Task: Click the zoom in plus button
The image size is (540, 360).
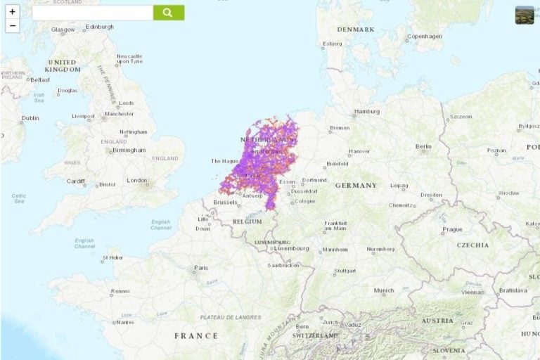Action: [x=12, y=12]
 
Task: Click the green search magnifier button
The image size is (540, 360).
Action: [x=168, y=13]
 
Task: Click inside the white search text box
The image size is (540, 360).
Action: [x=92, y=13]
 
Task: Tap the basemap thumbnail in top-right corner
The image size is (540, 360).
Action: [x=525, y=15]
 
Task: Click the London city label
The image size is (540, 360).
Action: [x=136, y=180]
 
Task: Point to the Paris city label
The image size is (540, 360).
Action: [x=201, y=268]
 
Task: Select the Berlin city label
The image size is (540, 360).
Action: [x=423, y=147]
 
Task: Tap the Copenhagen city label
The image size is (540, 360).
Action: [x=425, y=37]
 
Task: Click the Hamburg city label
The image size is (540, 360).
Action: [x=367, y=111]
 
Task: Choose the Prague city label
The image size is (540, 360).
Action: [x=452, y=229]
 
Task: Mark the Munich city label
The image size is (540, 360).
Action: [x=384, y=290]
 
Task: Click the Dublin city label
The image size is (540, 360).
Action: [x=30, y=118]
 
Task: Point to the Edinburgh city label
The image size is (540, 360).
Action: [x=99, y=27]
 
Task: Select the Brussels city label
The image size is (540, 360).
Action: [x=225, y=202]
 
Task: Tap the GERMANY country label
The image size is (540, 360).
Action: [x=356, y=186]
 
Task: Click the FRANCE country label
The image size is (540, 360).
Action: [x=195, y=336]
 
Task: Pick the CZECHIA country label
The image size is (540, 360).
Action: [x=472, y=245]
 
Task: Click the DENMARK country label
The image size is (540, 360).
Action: [x=355, y=30]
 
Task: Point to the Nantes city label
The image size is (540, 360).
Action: [x=124, y=322]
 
